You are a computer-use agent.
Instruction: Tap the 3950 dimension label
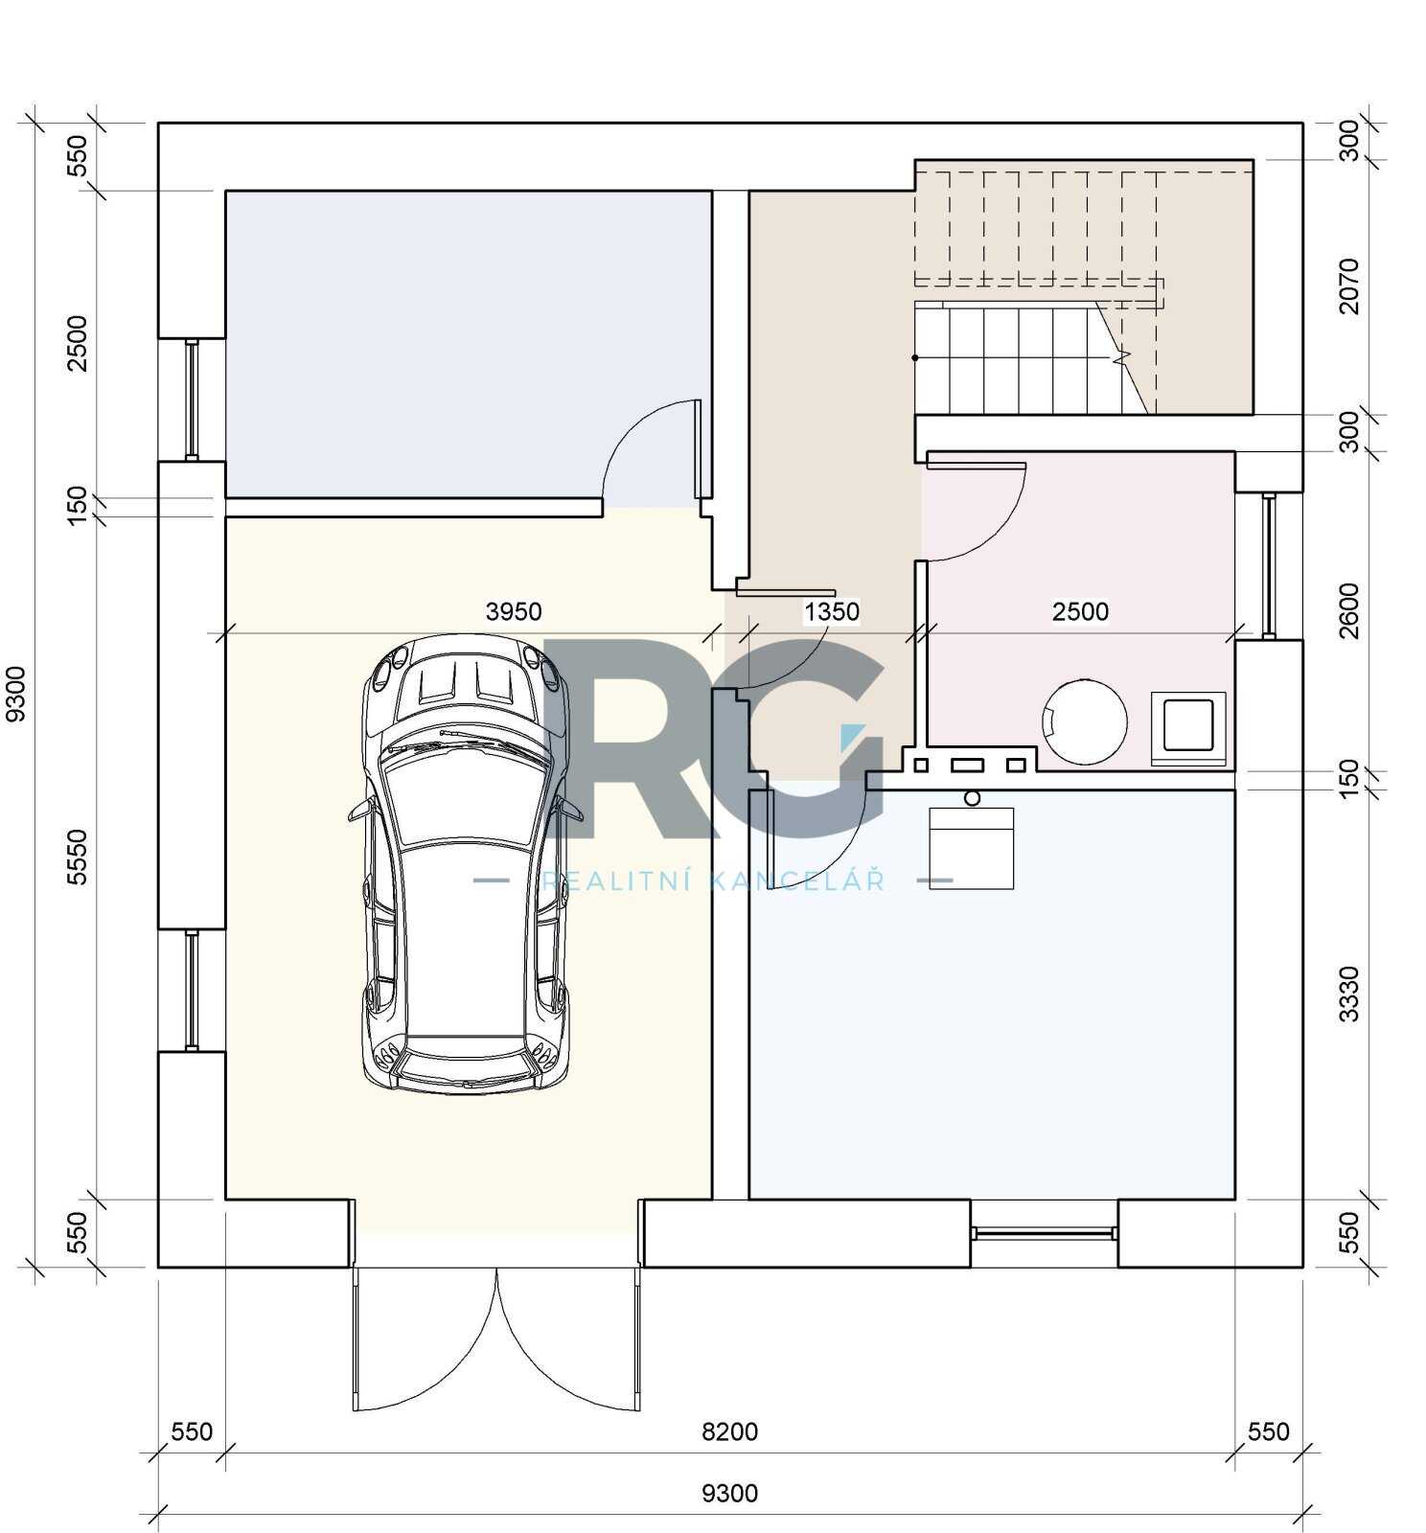(x=514, y=611)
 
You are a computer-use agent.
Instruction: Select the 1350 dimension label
(x=831, y=611)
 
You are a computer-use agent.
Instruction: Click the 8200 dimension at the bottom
(x=730, y=1431)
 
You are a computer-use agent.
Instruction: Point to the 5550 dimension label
(x=78, y=858)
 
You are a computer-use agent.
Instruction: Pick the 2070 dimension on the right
(x=1349, y=286)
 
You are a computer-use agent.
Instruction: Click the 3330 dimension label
(x=1349, y=995)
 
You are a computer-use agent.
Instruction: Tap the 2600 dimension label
(x=1349, y=610)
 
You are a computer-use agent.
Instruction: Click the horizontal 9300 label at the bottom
(x=730, y=1493)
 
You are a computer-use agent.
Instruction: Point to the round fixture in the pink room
(x=1085, y=721)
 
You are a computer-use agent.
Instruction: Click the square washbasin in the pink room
(x=1188, y=727)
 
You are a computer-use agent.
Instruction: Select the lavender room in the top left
(x=468, y=344)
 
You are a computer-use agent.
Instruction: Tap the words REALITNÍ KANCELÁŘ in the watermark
(x=714, y=881)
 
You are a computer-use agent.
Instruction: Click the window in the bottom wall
(x=1044, y=1234)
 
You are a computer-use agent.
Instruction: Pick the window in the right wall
(x=1268, y=566)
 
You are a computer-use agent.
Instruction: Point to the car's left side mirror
(x=358, y=810)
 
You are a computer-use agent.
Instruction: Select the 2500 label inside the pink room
(x=1080, y=611)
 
